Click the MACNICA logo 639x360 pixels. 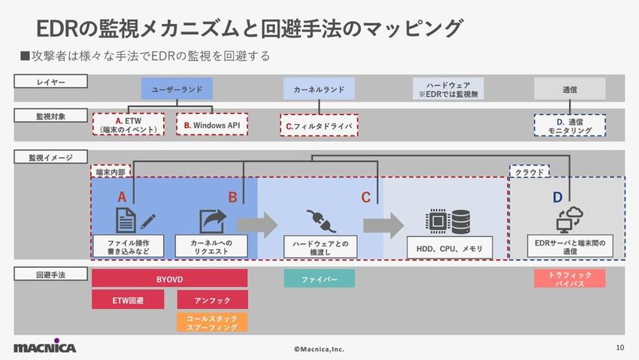coord(44,347)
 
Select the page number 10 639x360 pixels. coord(619,347)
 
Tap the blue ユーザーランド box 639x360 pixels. coord(177,89)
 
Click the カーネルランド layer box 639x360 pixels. coord(319,89)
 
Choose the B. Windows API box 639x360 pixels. coord(212,124)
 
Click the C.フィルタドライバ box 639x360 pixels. coord(319,125)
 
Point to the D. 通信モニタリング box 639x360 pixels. coord(570,125)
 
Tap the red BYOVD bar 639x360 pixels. coord(169,279)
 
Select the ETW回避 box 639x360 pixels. coord(128,300)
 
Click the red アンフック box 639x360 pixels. coord(212,300)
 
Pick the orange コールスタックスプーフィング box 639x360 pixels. coord(212,322)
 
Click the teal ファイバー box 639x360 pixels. coord(319,279)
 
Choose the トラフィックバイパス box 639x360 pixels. coord(570,279)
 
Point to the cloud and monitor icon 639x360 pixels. coord(569,219)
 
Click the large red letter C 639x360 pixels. coord(365,198)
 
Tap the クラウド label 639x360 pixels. coord(529,172)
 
